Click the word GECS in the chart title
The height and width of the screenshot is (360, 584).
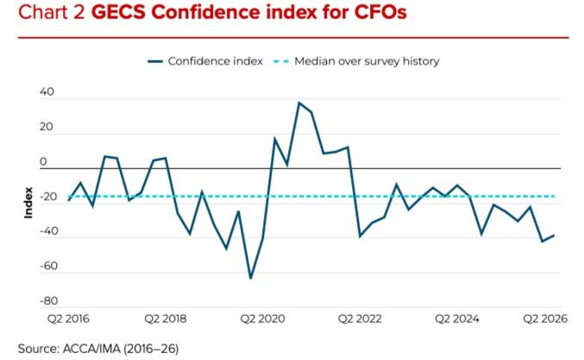(x=119, y=12)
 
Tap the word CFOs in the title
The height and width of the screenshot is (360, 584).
(x=380, y=12)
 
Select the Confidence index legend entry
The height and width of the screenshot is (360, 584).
(x=205, y=61)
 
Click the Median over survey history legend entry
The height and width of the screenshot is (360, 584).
(x=356, y=61)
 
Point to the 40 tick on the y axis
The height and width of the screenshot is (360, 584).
(x=47, y=92)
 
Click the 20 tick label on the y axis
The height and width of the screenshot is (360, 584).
(x=47, y=127)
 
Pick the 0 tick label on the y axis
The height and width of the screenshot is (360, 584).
(x=43, y=161)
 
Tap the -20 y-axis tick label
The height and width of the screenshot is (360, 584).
(x=48, y=197)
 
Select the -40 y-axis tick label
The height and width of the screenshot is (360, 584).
(x=49, y=231)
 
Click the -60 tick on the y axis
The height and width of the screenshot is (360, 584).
(x=49, y=266)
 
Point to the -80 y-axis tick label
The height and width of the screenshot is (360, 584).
(x=49, y=300)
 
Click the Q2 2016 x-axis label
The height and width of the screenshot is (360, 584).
(x=68, y=319)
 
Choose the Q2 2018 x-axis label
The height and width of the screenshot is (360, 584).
(x=166, y=319)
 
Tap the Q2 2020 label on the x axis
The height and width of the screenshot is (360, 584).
(x=262, y=319)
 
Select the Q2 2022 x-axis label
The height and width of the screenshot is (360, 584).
(x=360, y=319)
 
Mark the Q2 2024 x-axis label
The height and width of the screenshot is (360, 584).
(x=457, y=319)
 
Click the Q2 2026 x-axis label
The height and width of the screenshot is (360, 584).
(x=545, y=319)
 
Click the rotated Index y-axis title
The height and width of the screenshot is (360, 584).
(x=28, y=202)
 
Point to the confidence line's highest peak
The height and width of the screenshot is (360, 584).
(x=298, y=103)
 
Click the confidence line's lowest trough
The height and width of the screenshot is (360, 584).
(x=250, y=278)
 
